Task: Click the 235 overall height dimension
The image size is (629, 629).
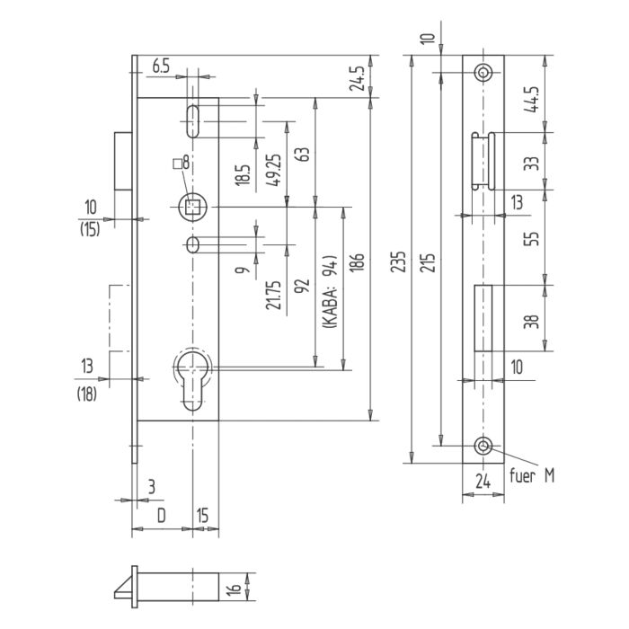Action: click(x=398, y=262)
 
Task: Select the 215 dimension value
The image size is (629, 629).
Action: click(x=429, y=262)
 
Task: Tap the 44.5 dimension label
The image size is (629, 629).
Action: click(x=532, y=100)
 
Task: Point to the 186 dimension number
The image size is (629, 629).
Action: click(x=357, y=262)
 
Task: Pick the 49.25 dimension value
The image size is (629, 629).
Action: click(x=274, y=170)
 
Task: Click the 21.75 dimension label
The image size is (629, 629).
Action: click(x=273, y=295)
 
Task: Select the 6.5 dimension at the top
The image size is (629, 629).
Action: click(x=161, y=66)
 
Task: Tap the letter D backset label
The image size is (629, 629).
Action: click(x=161, y=516)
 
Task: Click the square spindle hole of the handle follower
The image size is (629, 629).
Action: click(x=193, y=208)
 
